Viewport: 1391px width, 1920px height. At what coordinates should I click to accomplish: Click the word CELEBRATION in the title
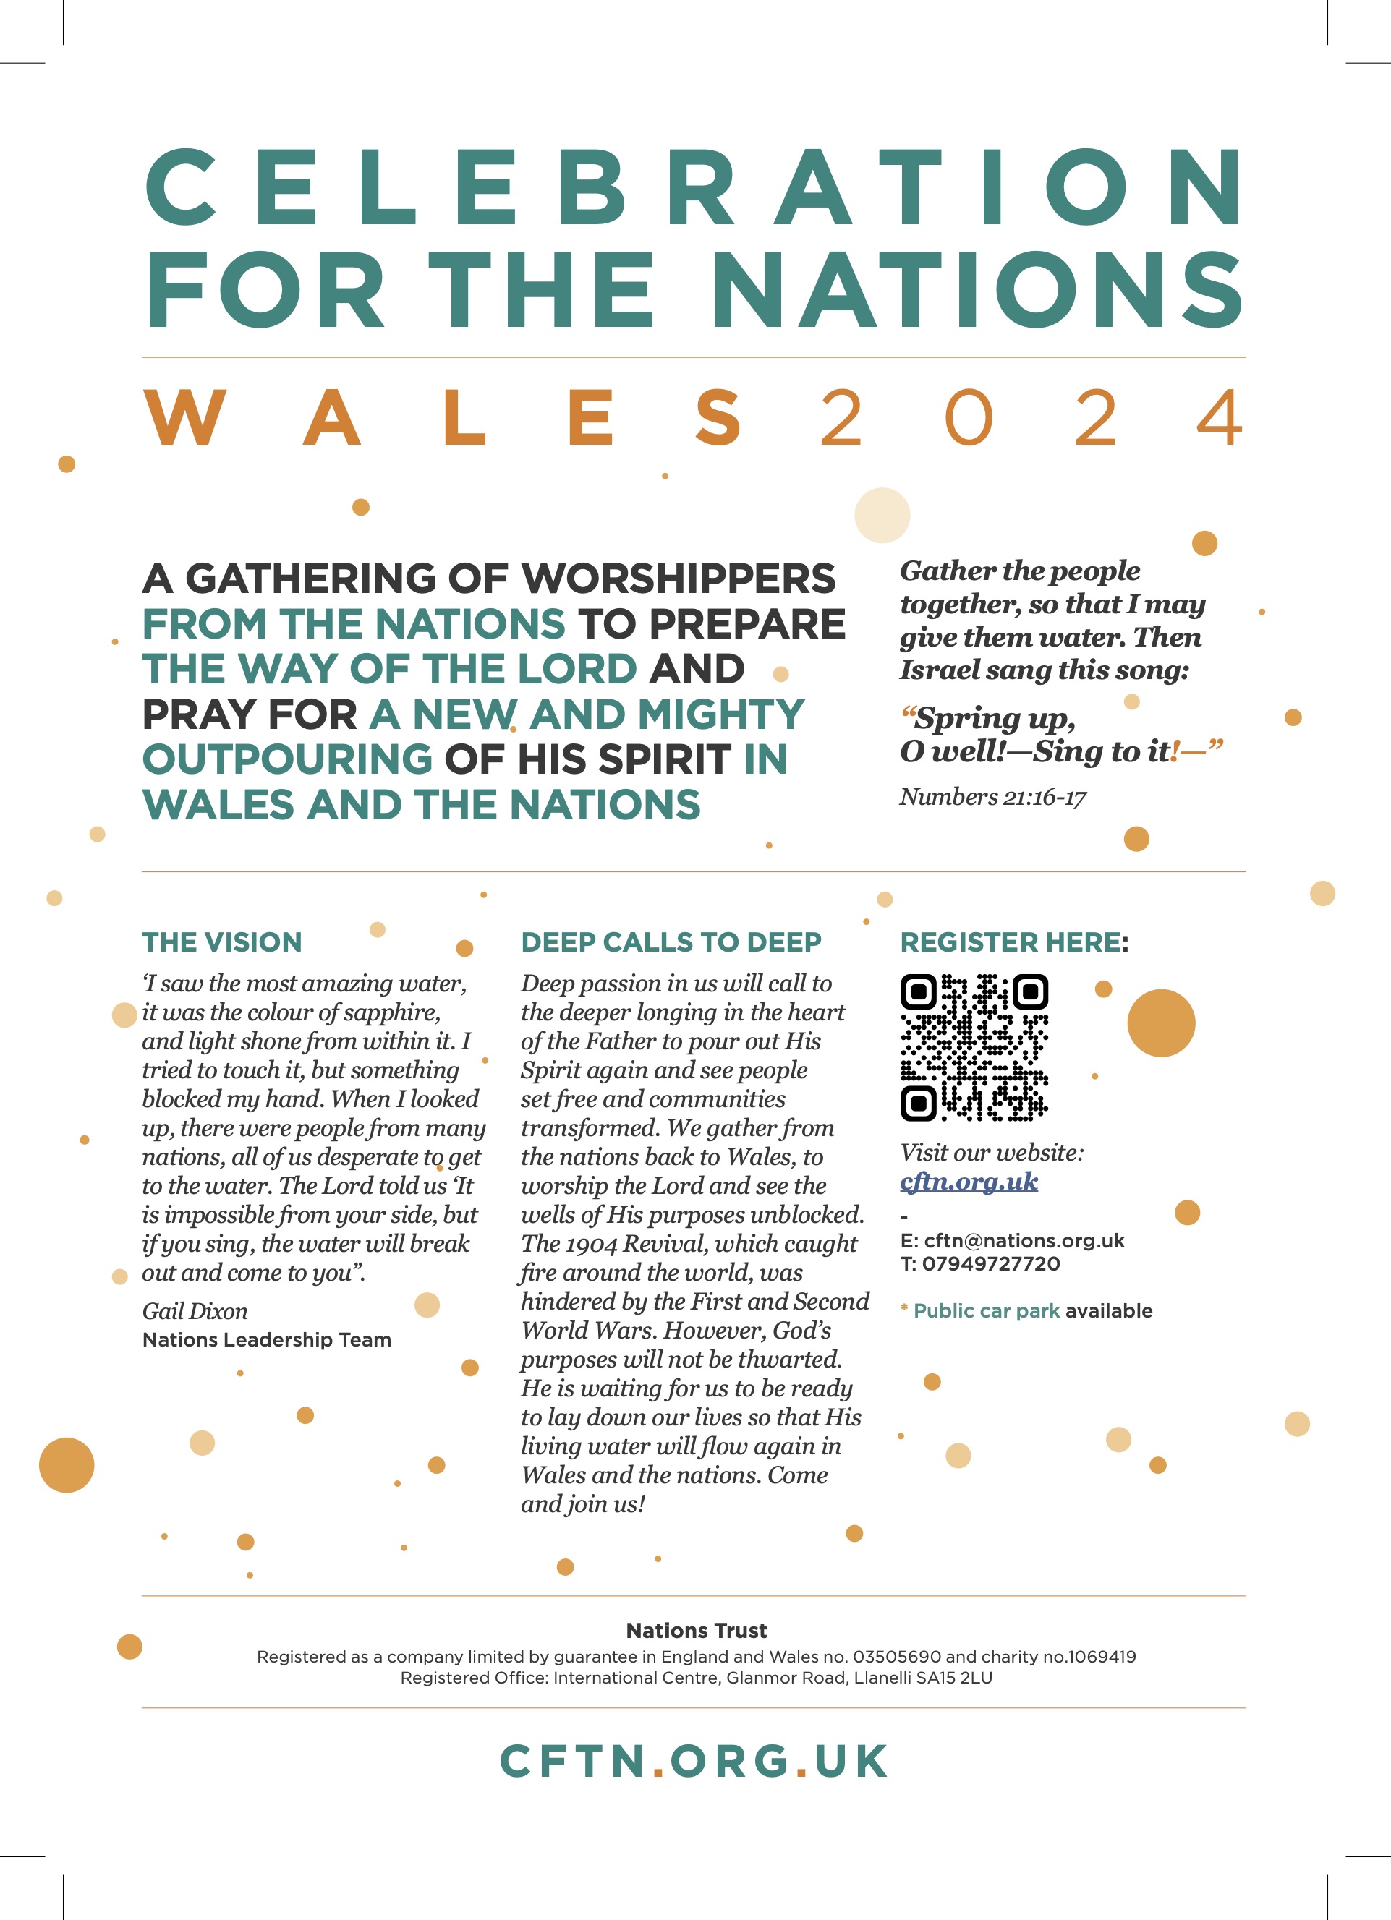coord(694,188)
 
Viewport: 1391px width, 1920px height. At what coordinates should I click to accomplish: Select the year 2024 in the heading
coord(1031,417)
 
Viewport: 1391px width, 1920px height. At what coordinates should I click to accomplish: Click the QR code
coord(974,1047)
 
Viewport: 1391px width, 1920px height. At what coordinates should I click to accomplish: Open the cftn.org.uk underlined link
coord(969,1181)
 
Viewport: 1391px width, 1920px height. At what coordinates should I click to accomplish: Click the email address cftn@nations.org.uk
coord(1024,1240)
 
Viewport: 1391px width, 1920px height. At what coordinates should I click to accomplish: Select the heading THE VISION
coord(222,942)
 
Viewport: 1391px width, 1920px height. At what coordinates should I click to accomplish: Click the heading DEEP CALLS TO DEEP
coord(671,942)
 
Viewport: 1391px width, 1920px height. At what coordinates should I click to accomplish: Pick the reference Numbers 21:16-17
coord(992,797)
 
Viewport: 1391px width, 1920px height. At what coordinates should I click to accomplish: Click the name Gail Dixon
coord(195,1311)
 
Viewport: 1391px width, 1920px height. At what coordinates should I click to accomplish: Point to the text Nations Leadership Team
coord(267,1339)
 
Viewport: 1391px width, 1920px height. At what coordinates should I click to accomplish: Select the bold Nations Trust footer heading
coord(696,1631)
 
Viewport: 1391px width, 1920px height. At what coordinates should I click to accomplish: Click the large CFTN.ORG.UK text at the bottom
coord(694,1761)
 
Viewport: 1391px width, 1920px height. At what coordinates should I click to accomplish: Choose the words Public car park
coord(987,1310)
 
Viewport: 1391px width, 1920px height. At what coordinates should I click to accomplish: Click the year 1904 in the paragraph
coord(591,1244)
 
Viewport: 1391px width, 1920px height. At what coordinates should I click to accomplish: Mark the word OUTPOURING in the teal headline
coord(288,759)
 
